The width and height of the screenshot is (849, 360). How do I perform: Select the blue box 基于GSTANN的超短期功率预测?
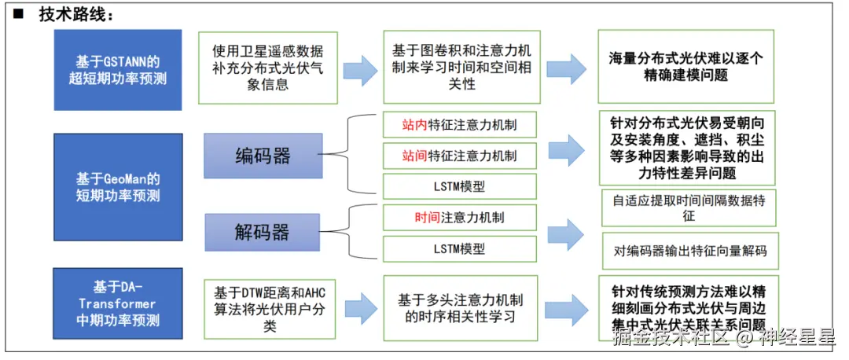point(118,69)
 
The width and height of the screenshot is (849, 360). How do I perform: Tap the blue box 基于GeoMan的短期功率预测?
point(118,186)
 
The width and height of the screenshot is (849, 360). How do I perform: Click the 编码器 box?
point(263,156)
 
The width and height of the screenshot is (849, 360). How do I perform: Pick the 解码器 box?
point(262,232)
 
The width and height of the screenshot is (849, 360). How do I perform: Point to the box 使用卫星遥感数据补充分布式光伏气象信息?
point(268,68)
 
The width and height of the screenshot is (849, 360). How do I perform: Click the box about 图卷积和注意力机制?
point(461,68)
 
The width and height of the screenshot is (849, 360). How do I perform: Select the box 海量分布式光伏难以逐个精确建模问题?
point(685,67)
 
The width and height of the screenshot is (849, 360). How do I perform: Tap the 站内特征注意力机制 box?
point(459,124)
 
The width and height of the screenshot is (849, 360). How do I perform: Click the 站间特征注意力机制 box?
point(459,156)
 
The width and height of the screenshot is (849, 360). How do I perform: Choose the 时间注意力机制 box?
point(459,218)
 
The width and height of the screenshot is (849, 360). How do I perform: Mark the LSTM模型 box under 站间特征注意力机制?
point(459,186)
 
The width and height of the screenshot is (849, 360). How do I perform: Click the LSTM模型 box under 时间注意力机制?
point(459,248)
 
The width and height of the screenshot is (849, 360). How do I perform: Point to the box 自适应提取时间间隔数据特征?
point(689,208)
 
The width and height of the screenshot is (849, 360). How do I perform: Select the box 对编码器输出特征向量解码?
point(689,252)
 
